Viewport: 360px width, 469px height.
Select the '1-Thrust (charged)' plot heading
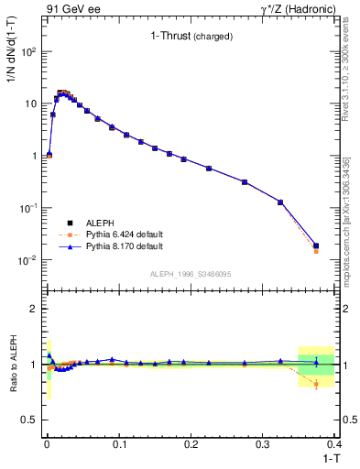(191, 37)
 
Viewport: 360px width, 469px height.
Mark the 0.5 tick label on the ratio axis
(32, 420)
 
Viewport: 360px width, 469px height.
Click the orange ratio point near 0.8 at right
(316, 384)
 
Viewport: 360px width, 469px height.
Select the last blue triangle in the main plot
(316, 245)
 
